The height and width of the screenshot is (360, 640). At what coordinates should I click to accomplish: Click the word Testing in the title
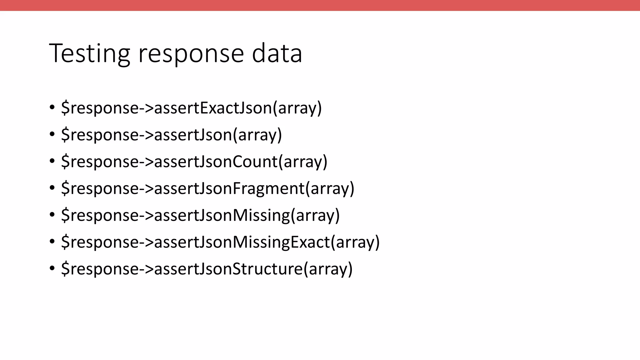89,53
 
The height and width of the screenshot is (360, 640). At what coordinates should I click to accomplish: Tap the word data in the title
277,53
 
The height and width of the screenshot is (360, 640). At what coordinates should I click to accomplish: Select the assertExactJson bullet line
191,108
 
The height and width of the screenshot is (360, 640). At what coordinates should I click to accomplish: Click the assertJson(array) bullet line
171,135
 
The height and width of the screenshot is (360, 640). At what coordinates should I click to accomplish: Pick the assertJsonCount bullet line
194,162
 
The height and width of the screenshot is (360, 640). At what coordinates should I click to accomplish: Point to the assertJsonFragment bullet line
207,188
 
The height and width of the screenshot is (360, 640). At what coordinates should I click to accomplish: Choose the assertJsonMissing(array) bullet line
200,215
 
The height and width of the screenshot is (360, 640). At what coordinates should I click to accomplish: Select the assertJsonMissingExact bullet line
220,242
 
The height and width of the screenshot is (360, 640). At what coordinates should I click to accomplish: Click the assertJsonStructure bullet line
207,269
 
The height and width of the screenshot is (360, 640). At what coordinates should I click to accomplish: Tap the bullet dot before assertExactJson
52,107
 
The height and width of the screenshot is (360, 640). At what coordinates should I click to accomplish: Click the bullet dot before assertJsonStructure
52,268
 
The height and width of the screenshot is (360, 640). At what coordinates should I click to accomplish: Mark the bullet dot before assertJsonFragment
52,188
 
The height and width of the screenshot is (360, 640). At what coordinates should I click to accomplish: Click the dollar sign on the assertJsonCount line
65,162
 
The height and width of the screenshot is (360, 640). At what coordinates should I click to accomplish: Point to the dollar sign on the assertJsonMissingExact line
65,242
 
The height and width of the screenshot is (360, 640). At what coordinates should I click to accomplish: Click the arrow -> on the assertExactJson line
146,108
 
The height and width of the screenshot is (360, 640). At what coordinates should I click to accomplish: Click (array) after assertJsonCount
303,162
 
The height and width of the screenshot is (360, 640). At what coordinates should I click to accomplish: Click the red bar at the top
320,5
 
